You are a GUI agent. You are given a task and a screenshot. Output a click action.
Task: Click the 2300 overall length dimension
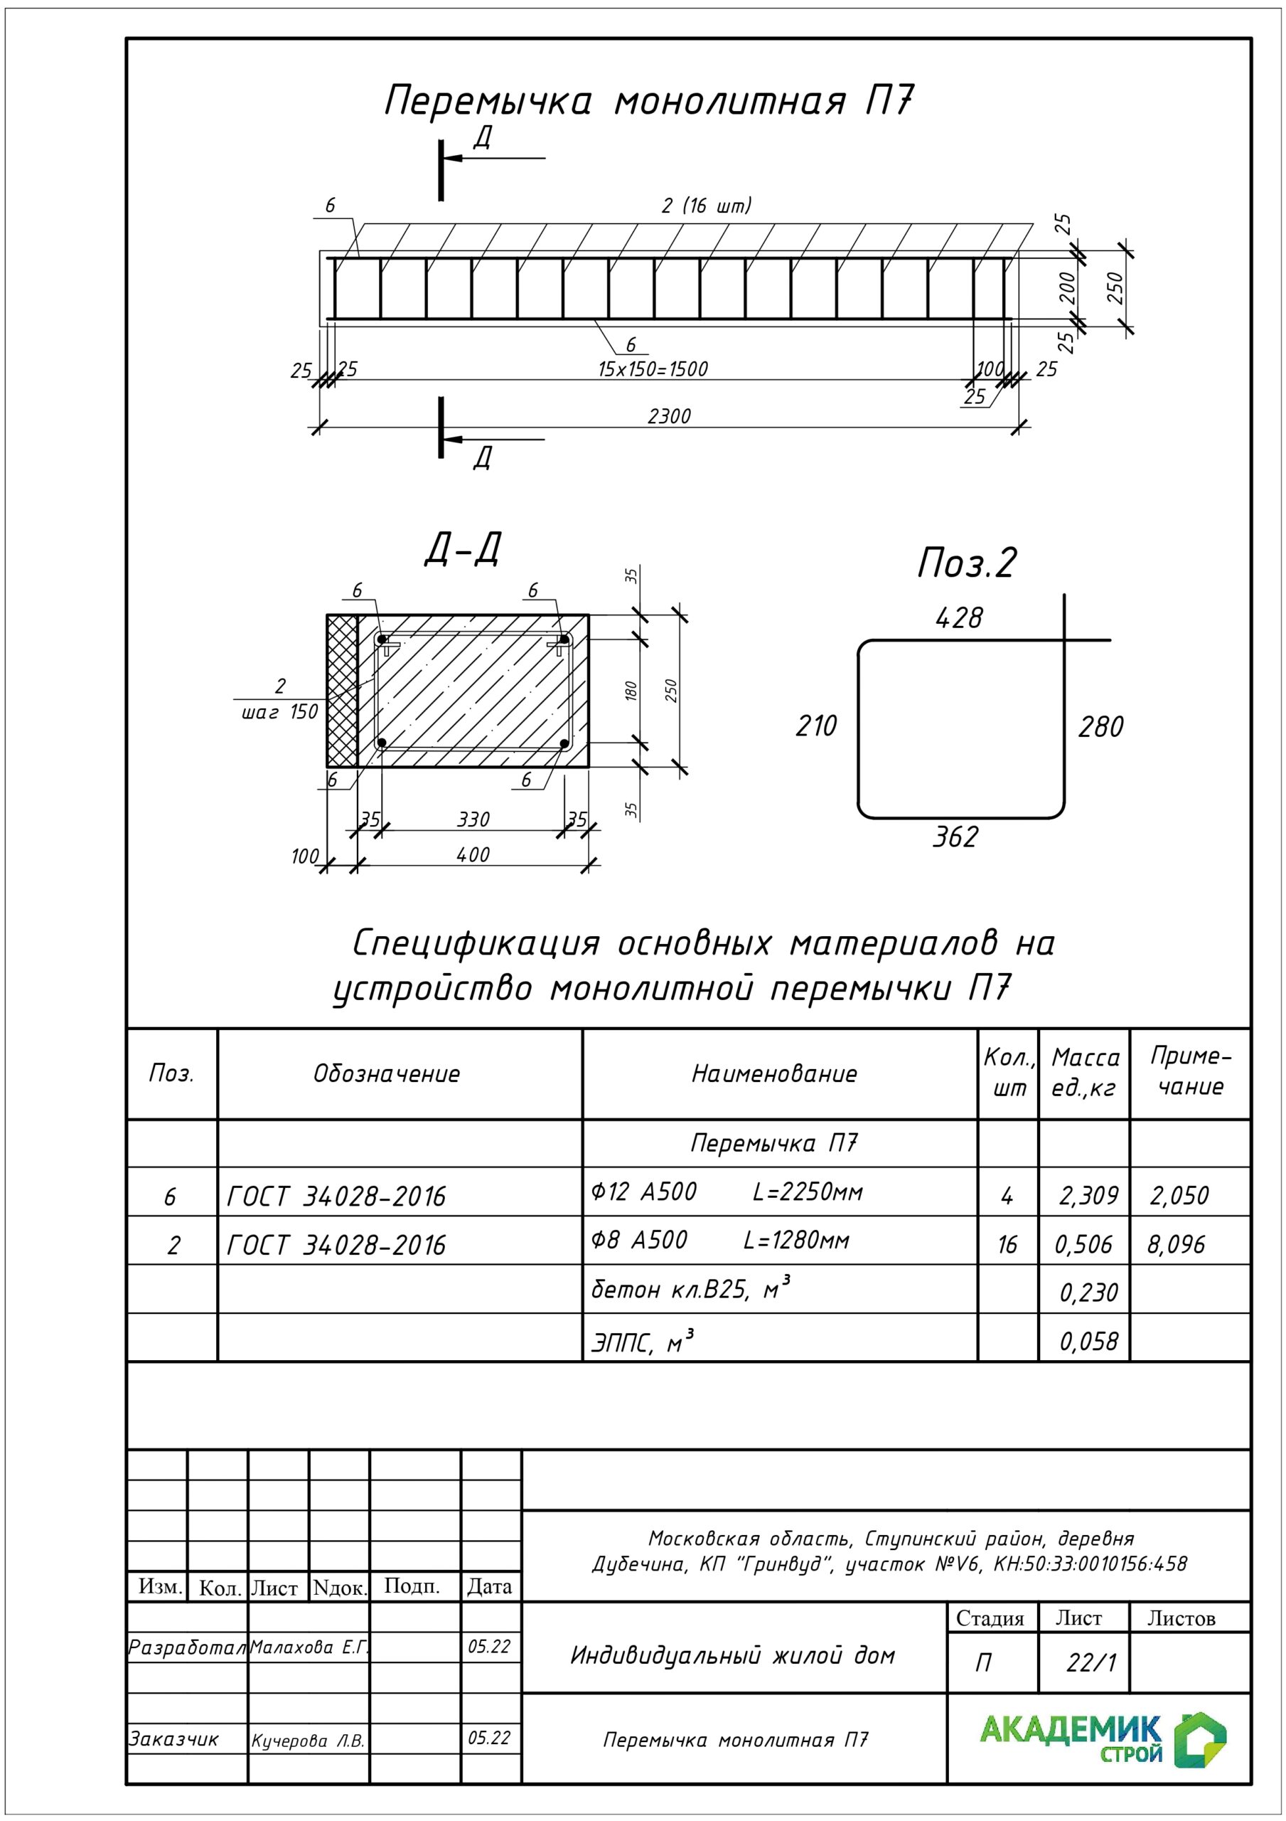pyautogui.click(x=669, y=415)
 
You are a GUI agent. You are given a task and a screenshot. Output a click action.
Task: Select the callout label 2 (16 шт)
pyautogui.click(x=707, y=206)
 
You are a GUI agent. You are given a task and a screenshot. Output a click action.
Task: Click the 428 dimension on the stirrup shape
pyautogui.click(x=958, y=618)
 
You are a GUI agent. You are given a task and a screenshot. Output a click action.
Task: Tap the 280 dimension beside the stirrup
pyautogui.click(x=1100, y=726)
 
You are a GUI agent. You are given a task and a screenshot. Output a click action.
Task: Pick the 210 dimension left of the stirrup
pyautogui.click(x=816, y=726)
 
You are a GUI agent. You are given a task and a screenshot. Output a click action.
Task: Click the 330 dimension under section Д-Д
pyautogui.click(x=473, y=819)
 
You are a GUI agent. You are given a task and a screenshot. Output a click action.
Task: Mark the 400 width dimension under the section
pyautogui.click(x=473, y=854)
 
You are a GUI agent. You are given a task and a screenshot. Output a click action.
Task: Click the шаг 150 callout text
pyautogui.click(x=280, y=712)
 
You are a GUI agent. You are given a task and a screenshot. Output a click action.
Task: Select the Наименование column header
pyautogui.click(x=775, y=1074)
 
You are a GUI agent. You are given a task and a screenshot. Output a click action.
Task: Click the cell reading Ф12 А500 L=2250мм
pyautogui.click(x=727, y=1192)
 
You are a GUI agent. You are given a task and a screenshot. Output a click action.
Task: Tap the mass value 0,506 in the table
pyautogui.click(x=1084, y=1244)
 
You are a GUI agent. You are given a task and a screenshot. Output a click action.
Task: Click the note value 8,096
pyautogui.click(x=1177, y=1244)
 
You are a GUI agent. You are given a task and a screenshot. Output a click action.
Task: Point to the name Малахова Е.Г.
pyautogui.click(x=309, y=1647)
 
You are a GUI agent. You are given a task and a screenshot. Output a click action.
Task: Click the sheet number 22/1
pyautogui.click(x=1091, y=1663)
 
